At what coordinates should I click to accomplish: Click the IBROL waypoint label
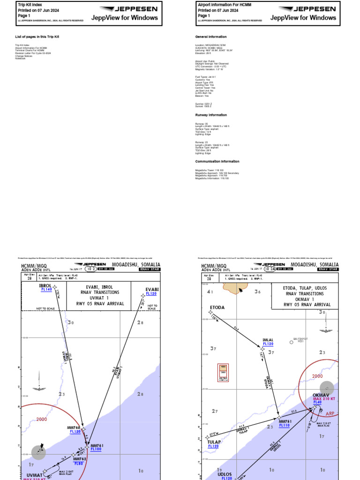tap(45, 285)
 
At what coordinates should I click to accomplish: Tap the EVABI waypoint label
tap(152, 289)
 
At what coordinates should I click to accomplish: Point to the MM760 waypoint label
tap(74, 427)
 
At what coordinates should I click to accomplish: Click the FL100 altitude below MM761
tap(96, 450)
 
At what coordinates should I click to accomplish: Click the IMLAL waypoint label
tap(268, 339)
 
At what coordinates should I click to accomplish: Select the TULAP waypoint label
tap(214, 442)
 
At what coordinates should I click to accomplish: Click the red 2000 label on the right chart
tap(318, 376)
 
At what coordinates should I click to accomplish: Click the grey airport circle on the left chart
tap(39, 452)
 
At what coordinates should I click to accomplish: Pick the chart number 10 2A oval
tap(270, 269)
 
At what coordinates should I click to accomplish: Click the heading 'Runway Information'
tap(211, 115)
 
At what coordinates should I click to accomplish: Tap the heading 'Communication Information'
tap(217, 161)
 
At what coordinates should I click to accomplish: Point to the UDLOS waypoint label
tap(225, 474)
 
